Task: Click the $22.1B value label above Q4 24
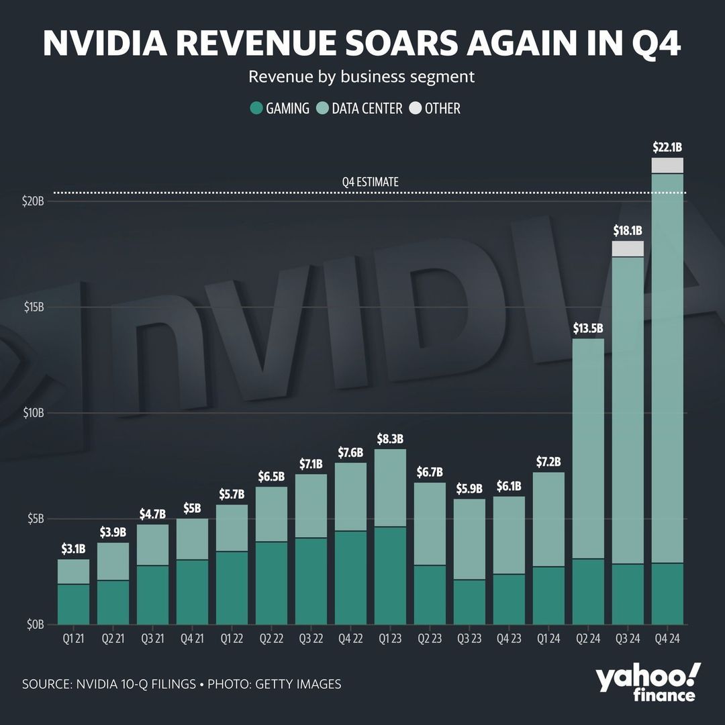[667, 147]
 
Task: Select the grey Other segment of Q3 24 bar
[628, 248]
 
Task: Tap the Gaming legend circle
[256, 108]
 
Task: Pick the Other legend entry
[434, 108]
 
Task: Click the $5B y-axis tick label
[32, 519]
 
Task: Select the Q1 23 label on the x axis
[390, 639]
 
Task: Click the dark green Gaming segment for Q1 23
[390, 575]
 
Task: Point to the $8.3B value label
[390, 439]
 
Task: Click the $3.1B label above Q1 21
[73, 549]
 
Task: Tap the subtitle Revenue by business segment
[362, 77]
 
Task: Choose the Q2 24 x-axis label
[588, 639]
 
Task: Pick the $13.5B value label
[588, 328]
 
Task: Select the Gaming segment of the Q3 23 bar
[469, 601]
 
